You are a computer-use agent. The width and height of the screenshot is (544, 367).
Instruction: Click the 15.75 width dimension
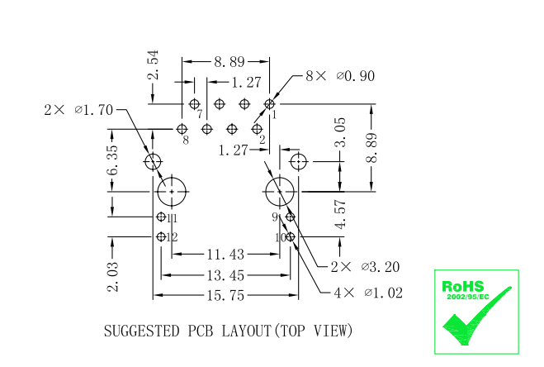pyautogui.click(x=226, y=296)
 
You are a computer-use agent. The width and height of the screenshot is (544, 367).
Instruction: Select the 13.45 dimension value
pyautogui.click(x=226, y=275)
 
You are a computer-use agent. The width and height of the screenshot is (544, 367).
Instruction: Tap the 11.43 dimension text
pyautogui.click(x=226, y=255)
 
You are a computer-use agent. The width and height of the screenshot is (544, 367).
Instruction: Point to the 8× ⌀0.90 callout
pyautogui.click(x=340, y=76)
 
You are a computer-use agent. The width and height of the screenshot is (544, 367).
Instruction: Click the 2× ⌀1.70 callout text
pyautogui.click(x=78, y=110)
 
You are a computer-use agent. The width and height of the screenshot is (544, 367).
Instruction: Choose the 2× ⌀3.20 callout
pyautogui.click(x=365, y=267)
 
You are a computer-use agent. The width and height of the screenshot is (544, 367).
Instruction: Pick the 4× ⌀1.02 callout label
pyautogui.click(x=368, y=293)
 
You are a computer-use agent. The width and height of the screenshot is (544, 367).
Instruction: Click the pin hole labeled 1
pyautogui.click(x=269, y=104)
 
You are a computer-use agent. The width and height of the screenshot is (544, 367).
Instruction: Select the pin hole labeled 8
pyautogui.click(x=182, y=129)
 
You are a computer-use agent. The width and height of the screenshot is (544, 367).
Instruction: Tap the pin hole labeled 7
pyautogui.click(x=194, y=104)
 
